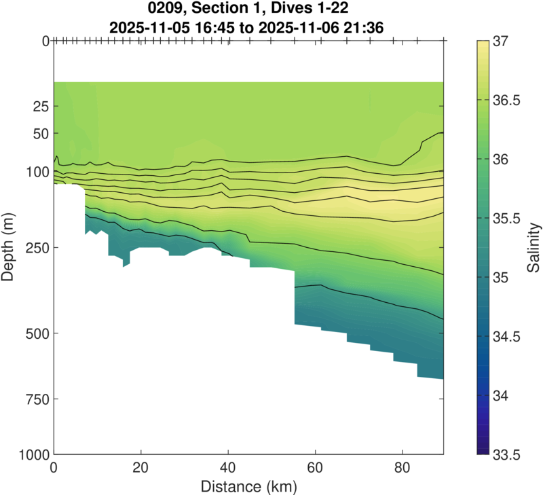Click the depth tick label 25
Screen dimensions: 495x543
tap(40, 107)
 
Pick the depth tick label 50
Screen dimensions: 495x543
tap(40, 133)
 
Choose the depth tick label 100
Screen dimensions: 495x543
tap(37, 172)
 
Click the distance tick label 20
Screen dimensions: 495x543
tap(141, 469)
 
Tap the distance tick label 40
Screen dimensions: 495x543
tap(228, 469)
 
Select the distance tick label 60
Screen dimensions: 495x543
tap(315, 469)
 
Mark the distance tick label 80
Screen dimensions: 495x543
tap(402, 469)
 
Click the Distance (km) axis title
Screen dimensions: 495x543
tap(248, 486)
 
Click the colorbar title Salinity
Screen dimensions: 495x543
tap(534, 247)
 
